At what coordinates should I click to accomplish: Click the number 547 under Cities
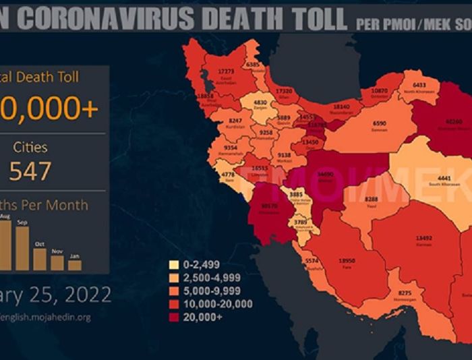pos(30,171)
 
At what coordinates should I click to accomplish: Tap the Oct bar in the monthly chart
pos(40,259)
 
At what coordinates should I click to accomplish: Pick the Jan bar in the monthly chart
pos(74,265)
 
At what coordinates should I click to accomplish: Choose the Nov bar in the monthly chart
pos(57,262)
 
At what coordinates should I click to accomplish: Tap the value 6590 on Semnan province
pos(380,124)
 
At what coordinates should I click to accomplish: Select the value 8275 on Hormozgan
pos(405,293)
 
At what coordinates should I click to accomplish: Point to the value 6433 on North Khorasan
pos(419,85)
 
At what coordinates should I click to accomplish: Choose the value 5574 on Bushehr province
pos(311,260)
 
